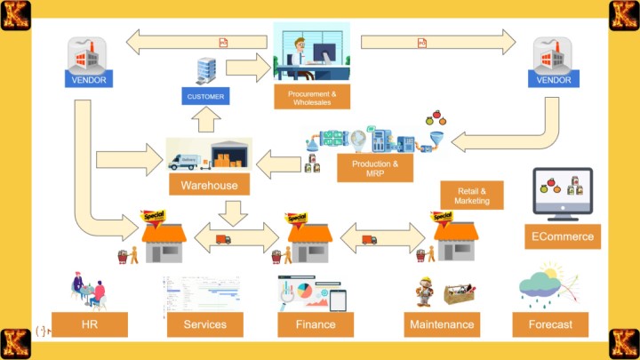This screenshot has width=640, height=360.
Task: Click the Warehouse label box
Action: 209,185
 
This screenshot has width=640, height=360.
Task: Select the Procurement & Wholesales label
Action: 311,97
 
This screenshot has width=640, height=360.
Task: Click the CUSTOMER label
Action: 205,95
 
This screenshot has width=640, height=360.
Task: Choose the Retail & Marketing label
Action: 471,196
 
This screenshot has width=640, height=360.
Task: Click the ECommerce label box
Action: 564,236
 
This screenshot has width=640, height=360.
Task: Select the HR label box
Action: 89,324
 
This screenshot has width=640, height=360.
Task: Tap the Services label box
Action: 204,324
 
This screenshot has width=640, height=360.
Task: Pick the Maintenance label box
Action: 442,324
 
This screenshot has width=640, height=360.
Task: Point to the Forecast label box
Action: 550,324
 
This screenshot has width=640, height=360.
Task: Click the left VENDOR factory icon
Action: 87,55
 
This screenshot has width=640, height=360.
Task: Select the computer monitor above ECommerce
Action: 564,190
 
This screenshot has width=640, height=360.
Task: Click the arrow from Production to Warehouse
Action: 279,162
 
